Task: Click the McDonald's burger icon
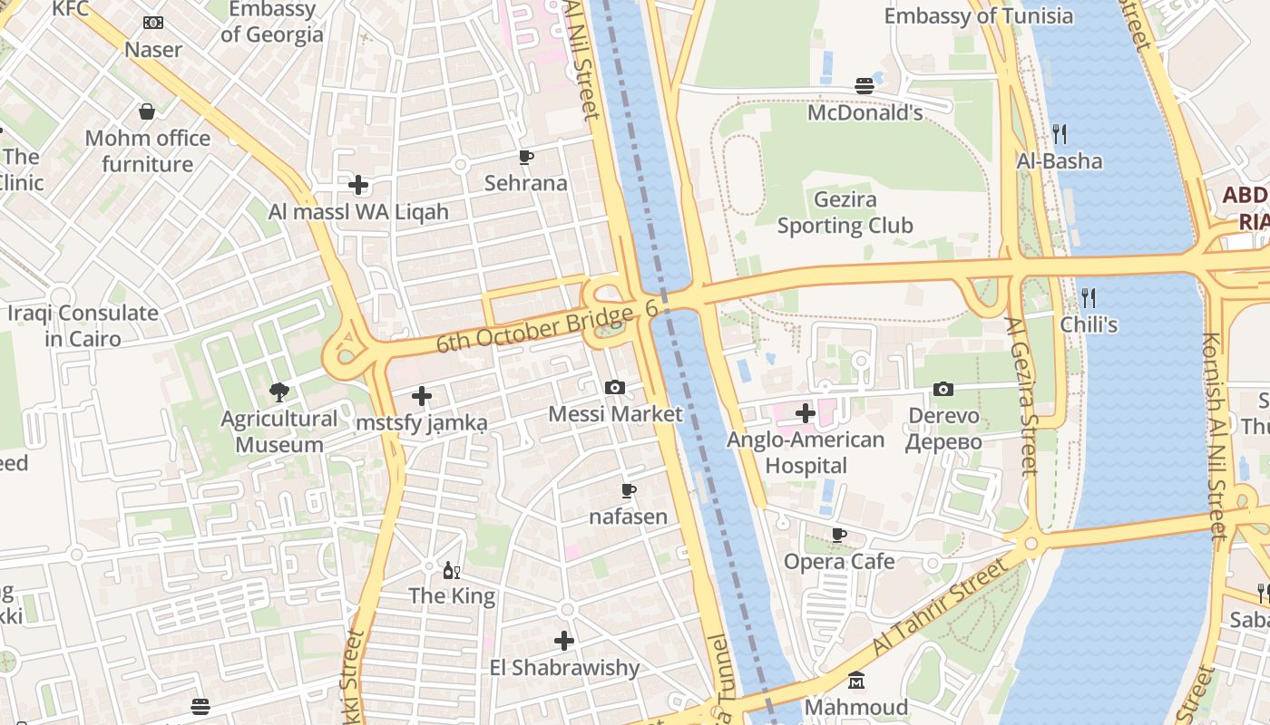864,86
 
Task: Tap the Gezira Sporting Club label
845,213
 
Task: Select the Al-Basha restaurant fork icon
1059,134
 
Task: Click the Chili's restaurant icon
1089,297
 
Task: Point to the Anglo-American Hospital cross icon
805,414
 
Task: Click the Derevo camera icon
943,389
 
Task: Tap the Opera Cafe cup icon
839,535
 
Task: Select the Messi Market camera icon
614,388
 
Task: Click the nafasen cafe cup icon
628,491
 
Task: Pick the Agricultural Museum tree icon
278,392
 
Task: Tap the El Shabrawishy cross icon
564,641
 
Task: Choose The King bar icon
451,570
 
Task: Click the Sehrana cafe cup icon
525,158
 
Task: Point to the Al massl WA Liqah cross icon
358,186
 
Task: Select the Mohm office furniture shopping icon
147,111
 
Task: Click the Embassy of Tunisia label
978,16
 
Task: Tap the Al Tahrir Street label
941,606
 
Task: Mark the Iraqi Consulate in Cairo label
83,326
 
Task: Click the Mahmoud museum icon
856,681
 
